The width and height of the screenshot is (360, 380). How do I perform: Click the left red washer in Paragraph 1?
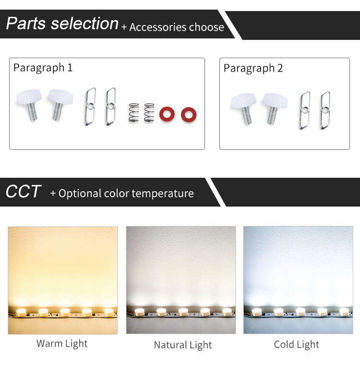coord(168,111)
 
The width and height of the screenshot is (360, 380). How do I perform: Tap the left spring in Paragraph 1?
coord(134,112)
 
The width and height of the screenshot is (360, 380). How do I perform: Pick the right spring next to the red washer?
coord(149,112)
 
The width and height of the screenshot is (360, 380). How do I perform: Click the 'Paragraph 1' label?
coord(43,68)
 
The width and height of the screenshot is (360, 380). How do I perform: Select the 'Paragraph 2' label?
coord(253,68)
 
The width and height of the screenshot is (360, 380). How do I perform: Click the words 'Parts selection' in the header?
coord(62,24)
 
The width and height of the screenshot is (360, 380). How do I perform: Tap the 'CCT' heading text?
coord(23,192)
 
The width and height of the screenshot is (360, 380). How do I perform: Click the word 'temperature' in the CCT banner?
coord(163,194)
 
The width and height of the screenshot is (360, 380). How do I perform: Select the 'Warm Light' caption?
coord(62,343)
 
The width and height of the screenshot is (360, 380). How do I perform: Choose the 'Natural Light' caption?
coord(183,345)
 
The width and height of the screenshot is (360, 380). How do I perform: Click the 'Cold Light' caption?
coord(296,344)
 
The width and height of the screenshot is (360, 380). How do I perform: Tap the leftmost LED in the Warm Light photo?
coord(21,312)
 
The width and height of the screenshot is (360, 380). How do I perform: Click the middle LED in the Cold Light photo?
coord(300,312)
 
